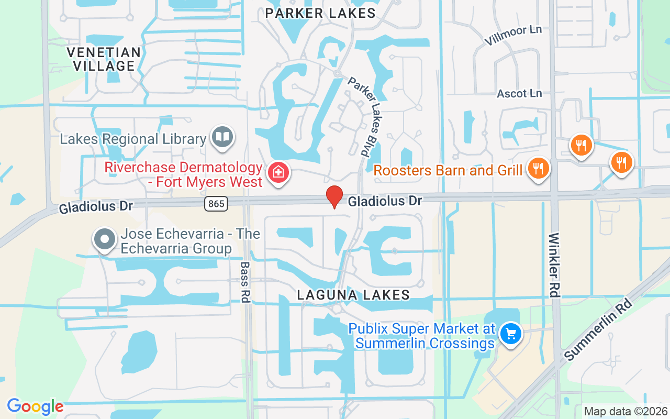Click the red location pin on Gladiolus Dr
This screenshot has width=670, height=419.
pos(334,196)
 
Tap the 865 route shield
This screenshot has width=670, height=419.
pos(216,204)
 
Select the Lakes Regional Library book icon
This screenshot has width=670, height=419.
pos(222,137)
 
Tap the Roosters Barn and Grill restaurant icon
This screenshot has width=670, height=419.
pos(537,169)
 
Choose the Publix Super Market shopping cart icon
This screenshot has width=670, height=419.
pos(510,334)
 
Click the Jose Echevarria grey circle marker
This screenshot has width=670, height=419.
pos(104,239)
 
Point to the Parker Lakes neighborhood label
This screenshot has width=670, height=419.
pos(320,13)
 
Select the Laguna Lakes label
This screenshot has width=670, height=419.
pos(353,295)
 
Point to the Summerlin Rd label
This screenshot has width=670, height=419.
pos(599,329)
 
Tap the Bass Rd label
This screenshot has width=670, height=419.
pos(244,282)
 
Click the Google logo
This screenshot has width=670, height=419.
pos(35,406)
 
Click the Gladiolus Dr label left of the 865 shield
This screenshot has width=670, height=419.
pos(96,206)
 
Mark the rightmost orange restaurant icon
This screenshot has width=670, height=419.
pos(621,162)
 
